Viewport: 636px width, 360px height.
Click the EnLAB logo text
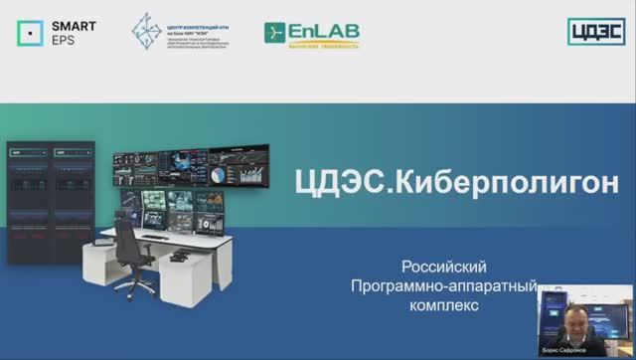(x=324, y=30)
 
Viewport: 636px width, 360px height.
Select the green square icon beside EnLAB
(x=275, y=33)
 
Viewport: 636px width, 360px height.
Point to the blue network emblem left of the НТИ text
(x=150, y=33)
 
